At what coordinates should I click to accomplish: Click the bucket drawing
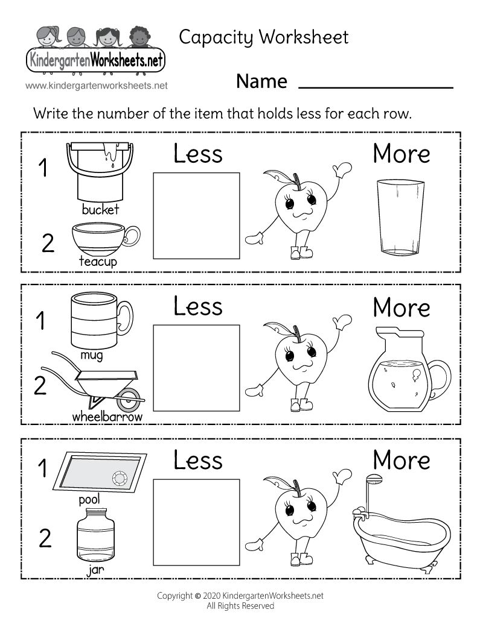(99, 171)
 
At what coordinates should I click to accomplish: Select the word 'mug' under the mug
(92, 355)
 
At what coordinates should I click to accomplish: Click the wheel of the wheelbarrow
(127, 399)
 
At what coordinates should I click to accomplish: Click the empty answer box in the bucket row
(196, 215)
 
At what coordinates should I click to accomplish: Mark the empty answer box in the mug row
(196, 367)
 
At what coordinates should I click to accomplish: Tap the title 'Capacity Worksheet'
(264, 37)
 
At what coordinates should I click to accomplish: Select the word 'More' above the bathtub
(401, 461)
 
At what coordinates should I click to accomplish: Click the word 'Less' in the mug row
(198, 306)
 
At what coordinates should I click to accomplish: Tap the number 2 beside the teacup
(48, 243)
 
